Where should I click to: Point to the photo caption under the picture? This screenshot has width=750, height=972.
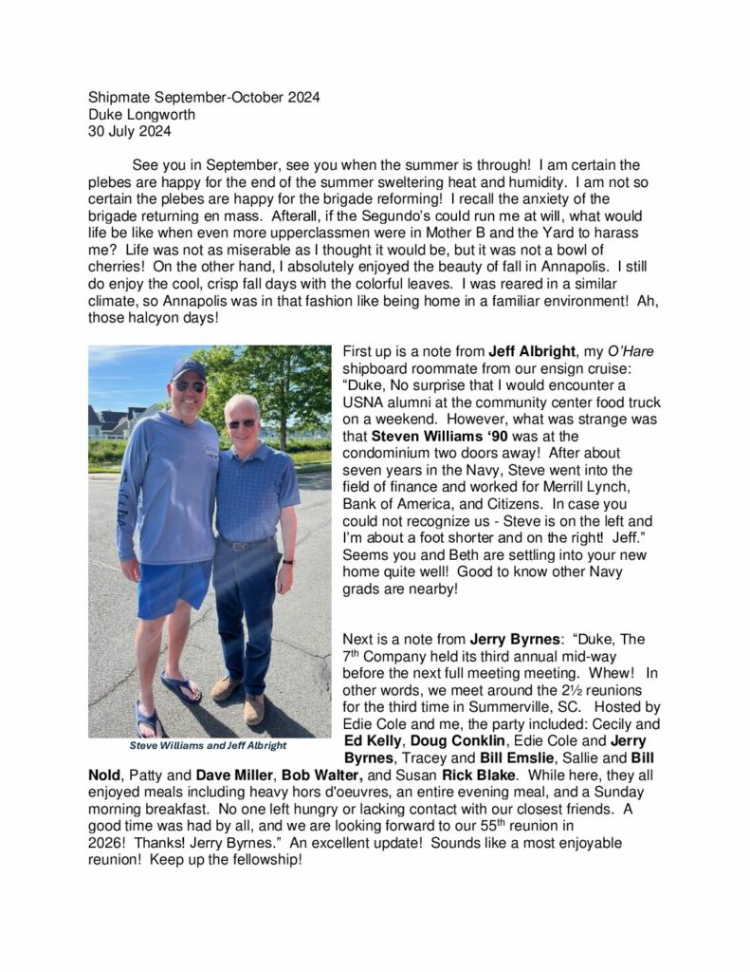point(209,745)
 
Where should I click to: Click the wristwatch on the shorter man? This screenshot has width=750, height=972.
point(287,561)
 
